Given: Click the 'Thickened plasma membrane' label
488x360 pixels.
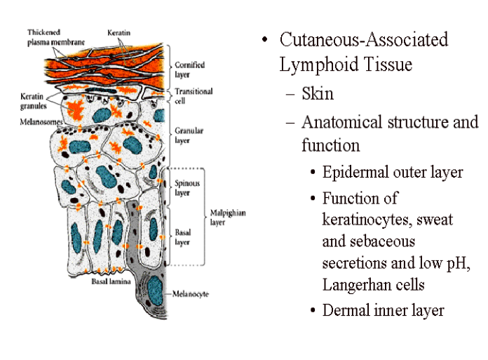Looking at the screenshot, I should pos(55,37).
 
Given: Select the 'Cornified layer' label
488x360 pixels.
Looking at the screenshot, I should pos(189,69).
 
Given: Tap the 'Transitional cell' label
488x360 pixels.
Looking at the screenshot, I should pos(193,95).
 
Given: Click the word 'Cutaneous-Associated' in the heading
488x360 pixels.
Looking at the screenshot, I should pos(363,39).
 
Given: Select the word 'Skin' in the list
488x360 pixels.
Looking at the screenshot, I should pos(318,93).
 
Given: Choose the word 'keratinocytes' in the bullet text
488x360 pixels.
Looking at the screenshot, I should pos(367,220).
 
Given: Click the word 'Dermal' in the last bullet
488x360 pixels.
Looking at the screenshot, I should pos(345,310).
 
